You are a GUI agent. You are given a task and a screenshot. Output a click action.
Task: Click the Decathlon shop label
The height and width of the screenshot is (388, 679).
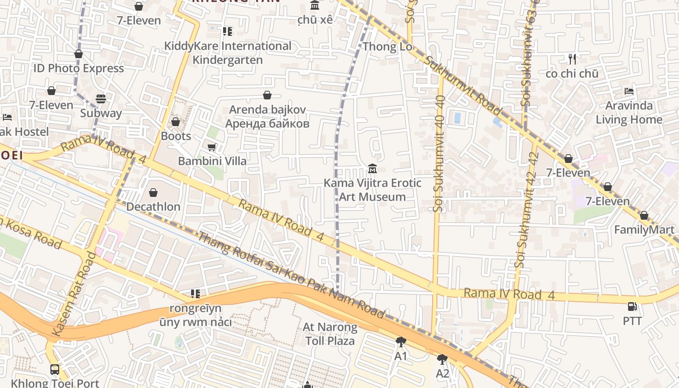pyautogui.click(x=153, y=207)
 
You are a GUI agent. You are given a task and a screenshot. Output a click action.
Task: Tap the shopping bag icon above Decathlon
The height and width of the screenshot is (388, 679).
pyautogui.click(x=153, y=193)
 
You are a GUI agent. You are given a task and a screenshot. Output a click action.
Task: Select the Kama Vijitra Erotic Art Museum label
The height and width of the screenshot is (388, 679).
pyautogui.click(x=372, y=190)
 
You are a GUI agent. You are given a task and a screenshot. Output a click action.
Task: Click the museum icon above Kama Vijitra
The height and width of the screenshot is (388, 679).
pyautogui.click(x=372, y=169)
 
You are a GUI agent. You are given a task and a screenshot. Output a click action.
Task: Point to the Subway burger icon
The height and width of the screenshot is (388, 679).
pyautogui.click(x=101, y=99)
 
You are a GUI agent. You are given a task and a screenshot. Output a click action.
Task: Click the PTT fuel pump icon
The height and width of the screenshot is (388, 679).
pyautogui.click(x=632, y=307)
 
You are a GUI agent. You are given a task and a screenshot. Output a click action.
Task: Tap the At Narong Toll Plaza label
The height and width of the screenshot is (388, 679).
pyautogui.click(x=330, y=334)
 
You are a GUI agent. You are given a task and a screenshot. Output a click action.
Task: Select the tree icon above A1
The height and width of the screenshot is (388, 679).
pyautogui.click(x=401, y=342)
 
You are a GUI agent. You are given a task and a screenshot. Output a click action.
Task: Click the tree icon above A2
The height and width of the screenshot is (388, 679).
pyautogui.click(x=442, y=359)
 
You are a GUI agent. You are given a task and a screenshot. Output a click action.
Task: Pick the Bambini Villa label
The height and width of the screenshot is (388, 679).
pyautogui.click(x=212, y=161)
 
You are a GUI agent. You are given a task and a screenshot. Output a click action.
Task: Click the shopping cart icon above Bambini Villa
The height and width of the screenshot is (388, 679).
pyautogui.click(x=211, y=147)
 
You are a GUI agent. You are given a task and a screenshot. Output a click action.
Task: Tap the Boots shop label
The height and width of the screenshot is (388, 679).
pyautogui.click(x=176, y=136)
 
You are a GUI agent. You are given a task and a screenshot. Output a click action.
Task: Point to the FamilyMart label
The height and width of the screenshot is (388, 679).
pyautogui.click(x=644, y=230)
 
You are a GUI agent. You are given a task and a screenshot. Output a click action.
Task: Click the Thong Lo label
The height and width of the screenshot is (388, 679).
pyautogui.click(x=388, y=47)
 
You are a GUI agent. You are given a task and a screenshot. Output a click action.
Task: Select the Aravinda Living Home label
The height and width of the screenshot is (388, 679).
pyautogui.click(x=629, y=113)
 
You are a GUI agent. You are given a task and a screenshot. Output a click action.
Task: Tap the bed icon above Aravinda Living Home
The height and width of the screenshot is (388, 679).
pyautogui.click(x=629, y=91)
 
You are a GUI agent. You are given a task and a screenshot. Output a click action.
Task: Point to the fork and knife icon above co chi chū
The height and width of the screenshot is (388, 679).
pyautogui.click(x=572, y=59)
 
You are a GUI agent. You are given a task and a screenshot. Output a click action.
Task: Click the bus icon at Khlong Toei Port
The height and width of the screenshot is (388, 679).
pyautogui.click(x=55, y=370)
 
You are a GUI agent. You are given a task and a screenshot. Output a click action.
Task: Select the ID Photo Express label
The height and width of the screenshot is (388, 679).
pyautogui.click(x=79, y=68)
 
